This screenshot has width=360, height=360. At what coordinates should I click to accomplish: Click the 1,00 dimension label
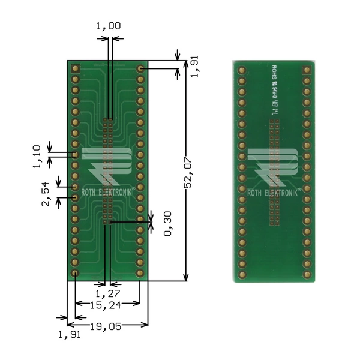[108, 26]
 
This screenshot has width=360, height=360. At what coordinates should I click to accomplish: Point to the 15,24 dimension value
[108, 305]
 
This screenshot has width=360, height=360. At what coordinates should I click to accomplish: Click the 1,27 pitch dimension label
[108, 293]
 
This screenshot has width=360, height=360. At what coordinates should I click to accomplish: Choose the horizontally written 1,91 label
[68, 335]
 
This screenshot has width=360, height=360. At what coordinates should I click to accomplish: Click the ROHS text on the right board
[274, 72]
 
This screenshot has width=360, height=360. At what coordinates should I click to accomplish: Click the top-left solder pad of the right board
[242, 71]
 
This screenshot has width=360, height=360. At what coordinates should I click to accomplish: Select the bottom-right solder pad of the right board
[307, 275]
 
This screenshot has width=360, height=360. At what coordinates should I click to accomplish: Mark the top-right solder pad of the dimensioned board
[140, 69]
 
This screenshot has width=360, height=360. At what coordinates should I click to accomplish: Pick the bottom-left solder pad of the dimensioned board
[75, 273]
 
